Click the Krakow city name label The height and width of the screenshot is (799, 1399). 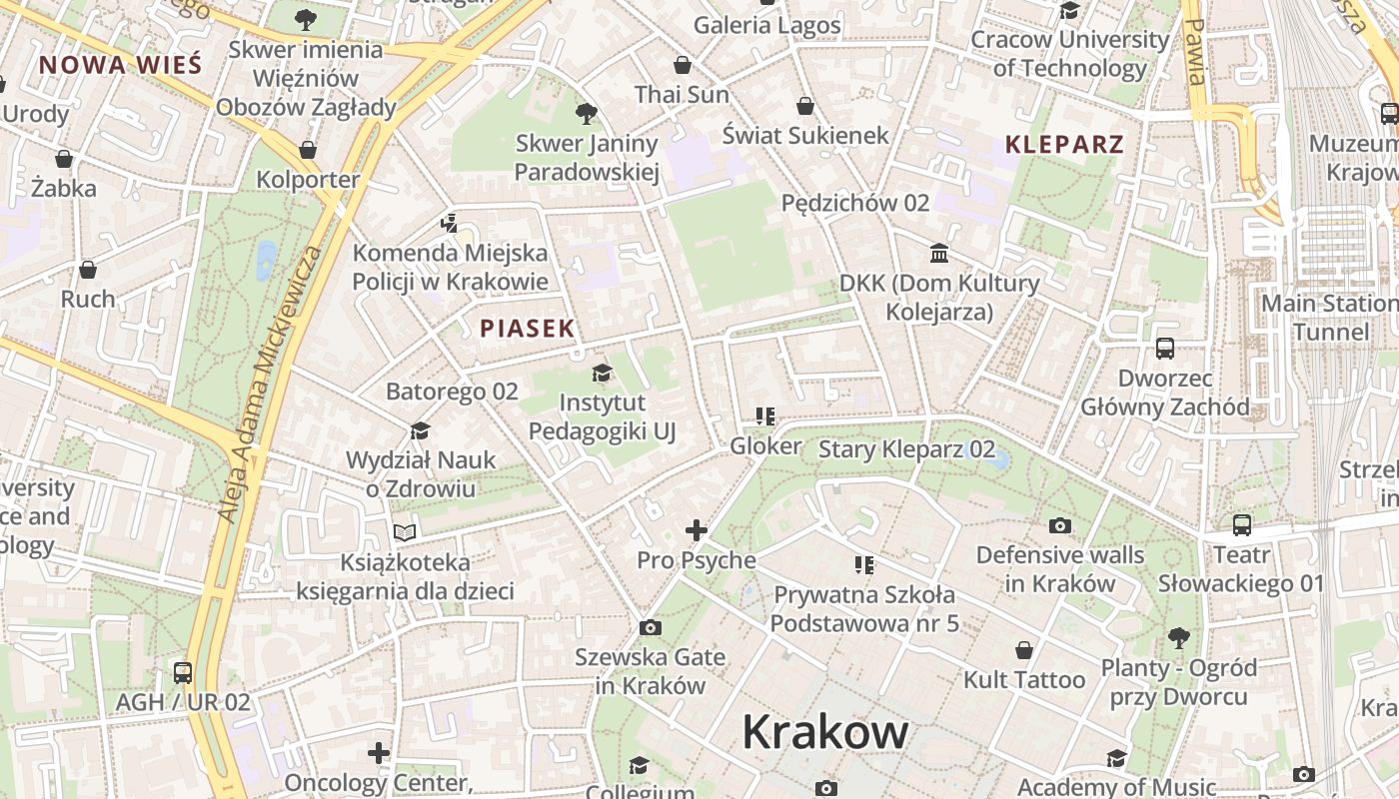coord(825,732)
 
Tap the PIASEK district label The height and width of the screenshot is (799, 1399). coord(527,328)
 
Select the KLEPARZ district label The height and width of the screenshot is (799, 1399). coord(1064,144)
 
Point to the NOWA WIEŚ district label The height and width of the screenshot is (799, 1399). coord(120,66)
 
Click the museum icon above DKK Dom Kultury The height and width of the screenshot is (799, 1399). coord(939,253)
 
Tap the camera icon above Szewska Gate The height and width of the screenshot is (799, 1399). coord(651,627)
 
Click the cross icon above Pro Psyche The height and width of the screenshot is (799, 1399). coord(697,530)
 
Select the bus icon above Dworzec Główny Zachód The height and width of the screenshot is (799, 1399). coord(1165,349)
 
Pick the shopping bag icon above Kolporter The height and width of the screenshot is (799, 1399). coord(308,150)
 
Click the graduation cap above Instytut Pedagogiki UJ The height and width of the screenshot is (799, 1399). coord(602,374)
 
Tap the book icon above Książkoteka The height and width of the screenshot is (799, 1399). coord(405,532)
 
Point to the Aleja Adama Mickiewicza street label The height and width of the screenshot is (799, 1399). coord(270,385)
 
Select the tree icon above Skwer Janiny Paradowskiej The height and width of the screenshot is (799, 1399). coord(587,114)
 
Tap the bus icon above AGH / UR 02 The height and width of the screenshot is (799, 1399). coord(183,672)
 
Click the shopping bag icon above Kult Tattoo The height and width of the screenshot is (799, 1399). coord(1024,650)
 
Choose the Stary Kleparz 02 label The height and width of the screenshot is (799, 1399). coord(906,449)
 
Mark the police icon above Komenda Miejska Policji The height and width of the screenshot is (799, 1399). coord(450,223)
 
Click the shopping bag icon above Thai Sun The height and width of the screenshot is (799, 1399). coord(683,65)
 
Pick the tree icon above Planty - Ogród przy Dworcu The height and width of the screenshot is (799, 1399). coord(1179,637)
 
